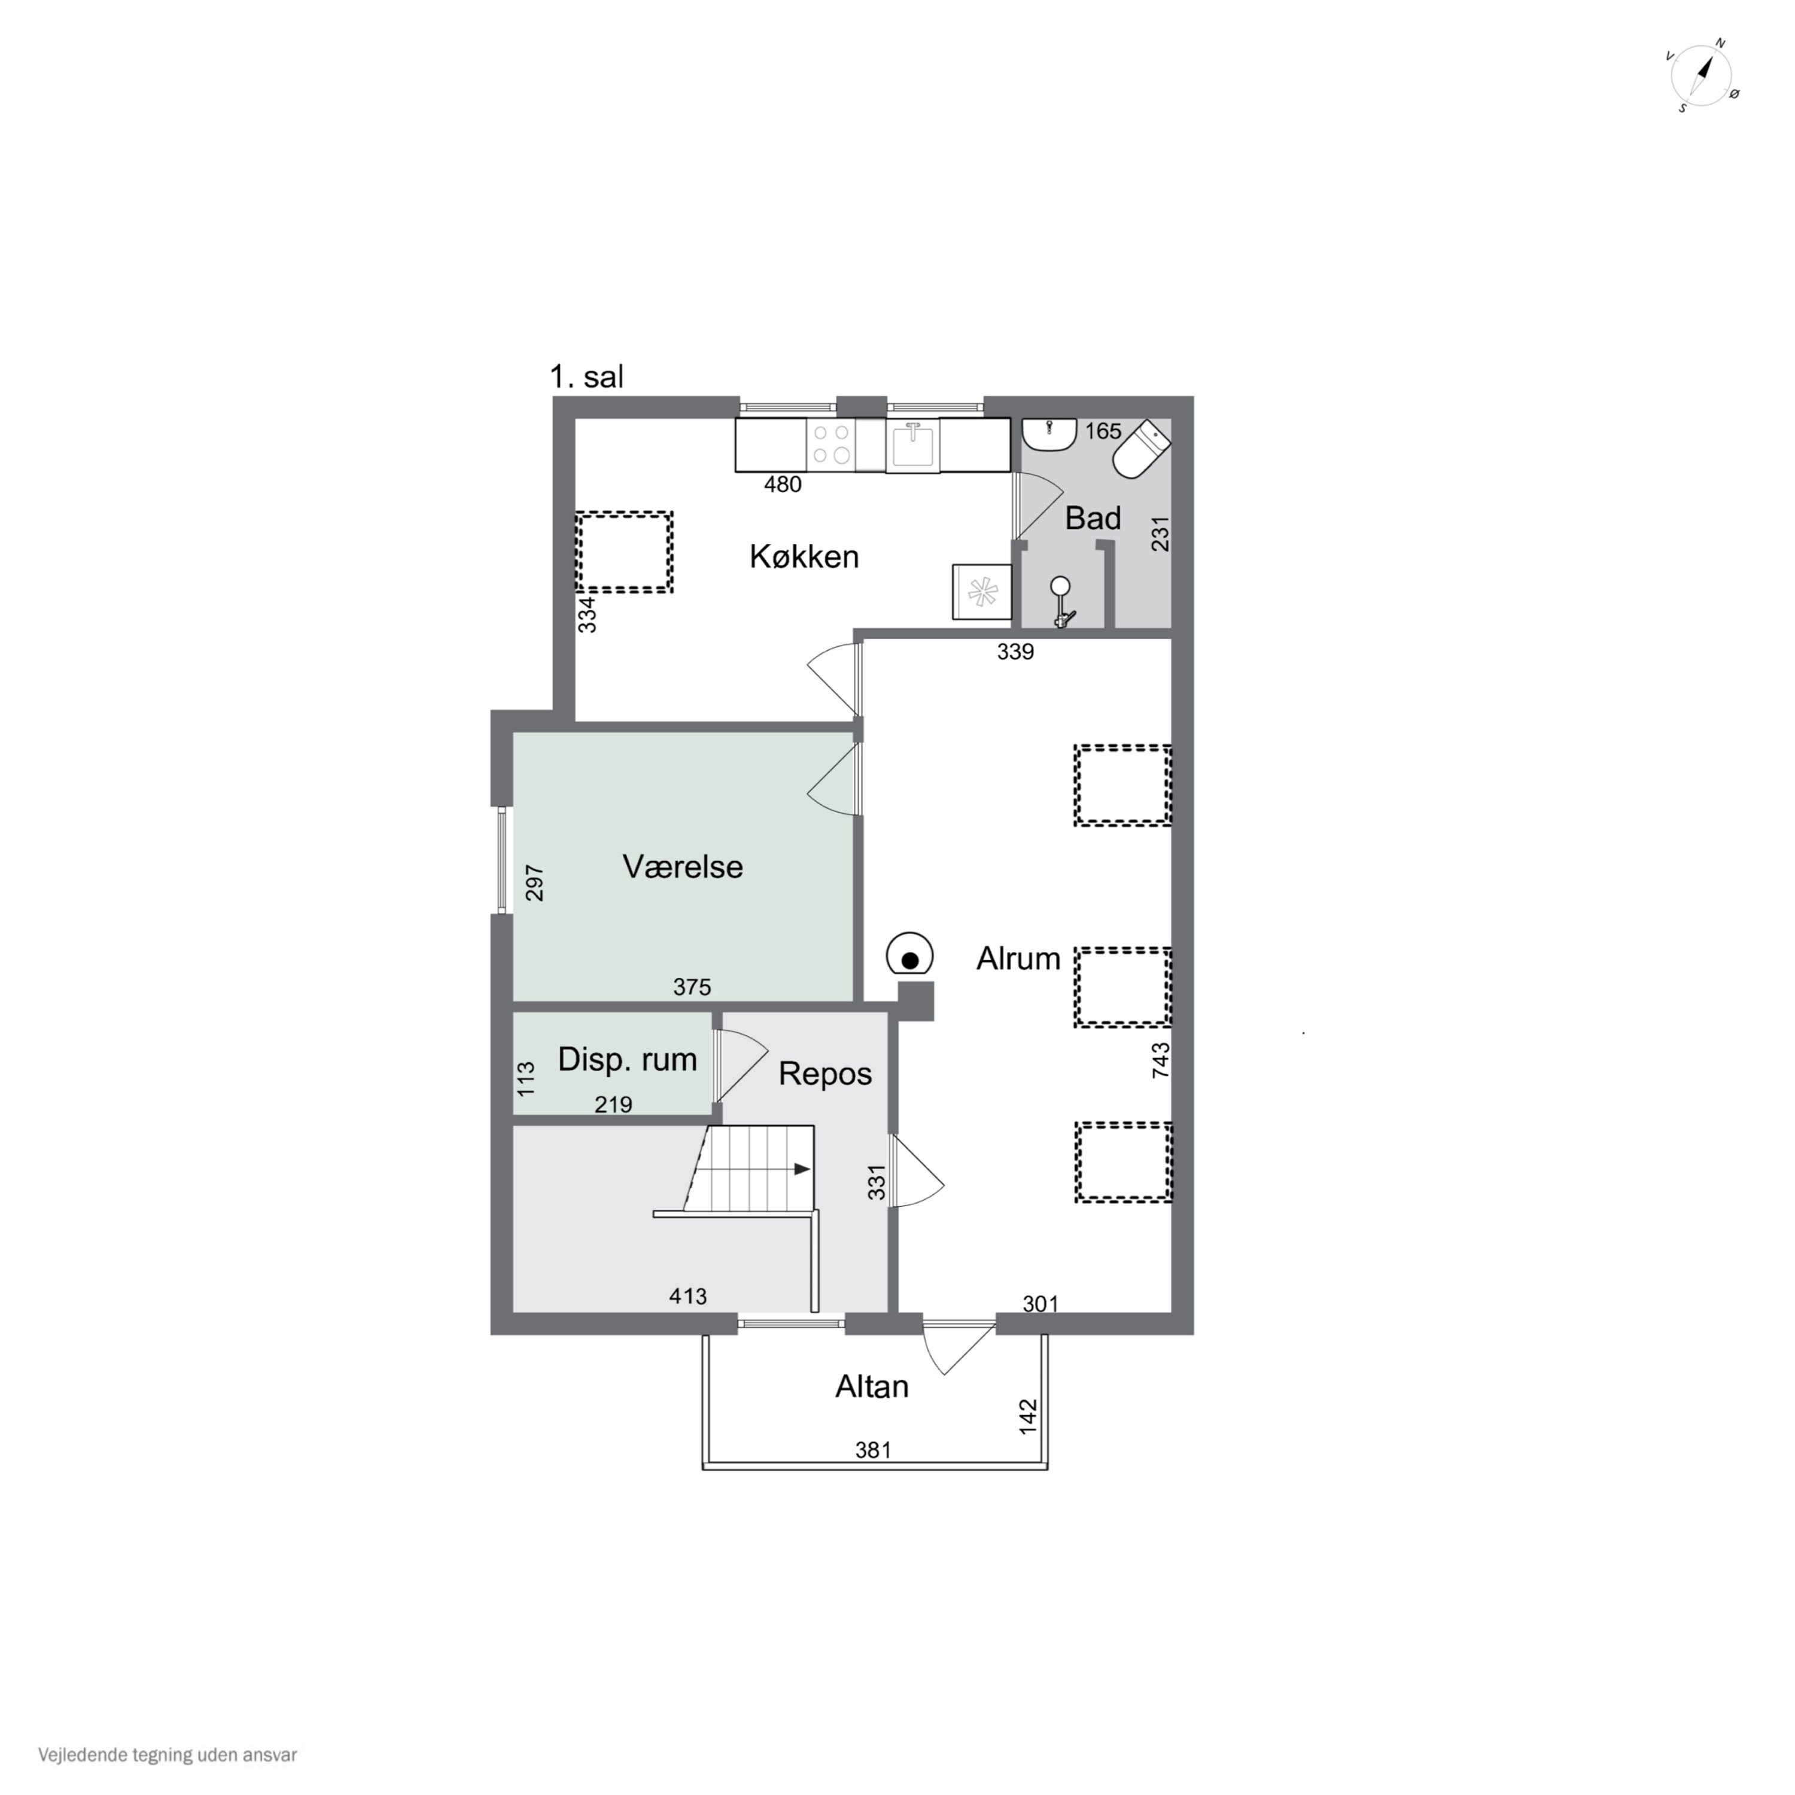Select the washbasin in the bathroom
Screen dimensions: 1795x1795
1049,434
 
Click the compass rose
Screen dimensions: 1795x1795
1703,76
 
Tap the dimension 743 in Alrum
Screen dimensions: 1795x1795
1160,1060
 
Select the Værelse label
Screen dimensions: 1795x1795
683,867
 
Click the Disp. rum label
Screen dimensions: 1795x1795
627,1059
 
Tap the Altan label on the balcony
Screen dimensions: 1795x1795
872,1387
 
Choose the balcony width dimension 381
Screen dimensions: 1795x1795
874,1449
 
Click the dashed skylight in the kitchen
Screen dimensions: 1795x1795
623,552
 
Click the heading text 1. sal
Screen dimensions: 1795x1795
586,377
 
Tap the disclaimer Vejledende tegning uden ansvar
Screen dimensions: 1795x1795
168,1755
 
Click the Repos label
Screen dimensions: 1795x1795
825,1074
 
